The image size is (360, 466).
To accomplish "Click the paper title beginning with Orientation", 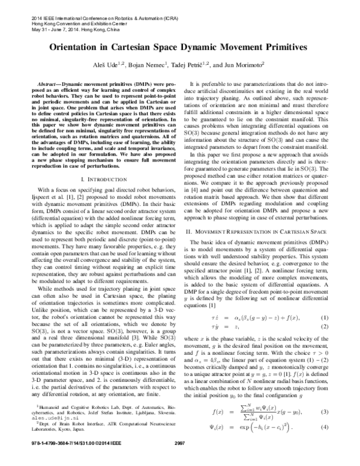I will pos(180,46).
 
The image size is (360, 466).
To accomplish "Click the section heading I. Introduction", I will pos(100,181).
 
